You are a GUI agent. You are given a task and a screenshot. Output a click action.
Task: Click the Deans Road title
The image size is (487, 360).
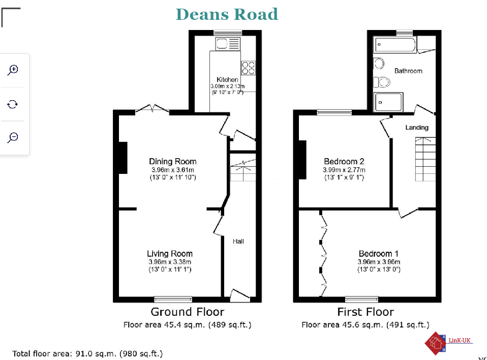tap(227, 14)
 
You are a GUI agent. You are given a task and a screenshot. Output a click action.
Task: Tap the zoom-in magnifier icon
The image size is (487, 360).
tap(13, 70)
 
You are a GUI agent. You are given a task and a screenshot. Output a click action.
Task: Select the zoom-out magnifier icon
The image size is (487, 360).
tap(13, 137)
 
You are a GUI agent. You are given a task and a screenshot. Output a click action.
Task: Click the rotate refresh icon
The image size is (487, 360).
tap(12, 104)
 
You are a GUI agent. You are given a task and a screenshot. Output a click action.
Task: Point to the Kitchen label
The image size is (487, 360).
tap(227, 79)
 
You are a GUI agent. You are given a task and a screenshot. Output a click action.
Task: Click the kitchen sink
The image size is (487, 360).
tap(228, 44)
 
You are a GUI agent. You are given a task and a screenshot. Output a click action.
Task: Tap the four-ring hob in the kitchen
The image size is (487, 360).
tap(248, 68)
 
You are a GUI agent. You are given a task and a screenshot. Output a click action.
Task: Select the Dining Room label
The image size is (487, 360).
tap(173, 162)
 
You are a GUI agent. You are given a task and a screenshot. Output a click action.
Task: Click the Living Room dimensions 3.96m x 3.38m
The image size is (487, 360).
tap(170, 262)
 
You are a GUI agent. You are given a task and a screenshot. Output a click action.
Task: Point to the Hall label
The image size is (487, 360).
tap(238, 242)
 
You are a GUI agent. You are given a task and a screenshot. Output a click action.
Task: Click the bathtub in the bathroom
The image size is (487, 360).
tap(395, 45)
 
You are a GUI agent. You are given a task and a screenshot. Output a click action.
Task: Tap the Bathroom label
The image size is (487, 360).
tap(408, 71)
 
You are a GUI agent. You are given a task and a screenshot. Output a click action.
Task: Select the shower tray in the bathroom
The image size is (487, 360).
tap(388, 102)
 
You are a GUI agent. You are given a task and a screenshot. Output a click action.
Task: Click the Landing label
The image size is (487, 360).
tap(417, 127)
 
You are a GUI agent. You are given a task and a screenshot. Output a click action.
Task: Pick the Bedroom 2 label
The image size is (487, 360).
tap(344, 162)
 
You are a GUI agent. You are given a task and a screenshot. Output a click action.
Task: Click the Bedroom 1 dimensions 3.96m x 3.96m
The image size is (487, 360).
tap(379, 262)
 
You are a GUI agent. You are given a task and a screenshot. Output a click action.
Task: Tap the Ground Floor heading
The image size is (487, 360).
tap(187, 312)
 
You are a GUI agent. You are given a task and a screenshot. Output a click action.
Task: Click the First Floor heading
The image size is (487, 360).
tap(366, 312)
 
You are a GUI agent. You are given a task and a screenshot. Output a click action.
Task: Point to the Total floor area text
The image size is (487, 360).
tap(87, 354)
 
